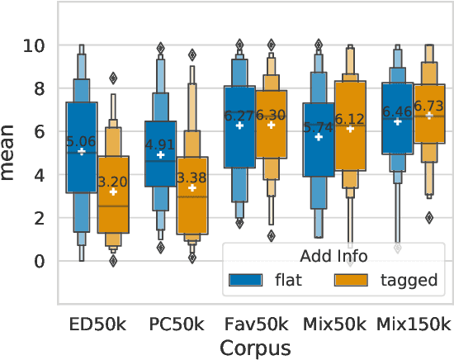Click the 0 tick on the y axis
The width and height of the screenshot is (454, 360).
pyautogui.click(x=38, y=261)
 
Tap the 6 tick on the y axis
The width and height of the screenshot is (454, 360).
pyautogui.click(x=38, y=131)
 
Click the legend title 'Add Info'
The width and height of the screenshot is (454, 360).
pyautogui.click(x=333, y=256)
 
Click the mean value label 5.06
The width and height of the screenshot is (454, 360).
pyautogui.click(x=82, y=142)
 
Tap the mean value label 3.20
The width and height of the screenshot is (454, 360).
pyautogui.click(x=114, y=182)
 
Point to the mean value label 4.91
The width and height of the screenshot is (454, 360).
pyautogui.click(x=160, y=145)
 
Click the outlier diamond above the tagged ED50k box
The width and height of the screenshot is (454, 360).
pyautogui.click(x=114, y=78)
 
